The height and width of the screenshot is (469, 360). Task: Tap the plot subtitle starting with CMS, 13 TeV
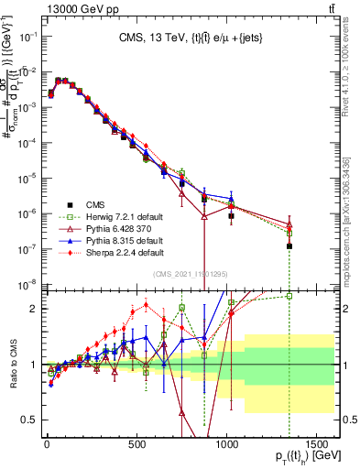[190, 38]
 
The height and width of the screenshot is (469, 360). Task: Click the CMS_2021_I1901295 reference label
[191, 273]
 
